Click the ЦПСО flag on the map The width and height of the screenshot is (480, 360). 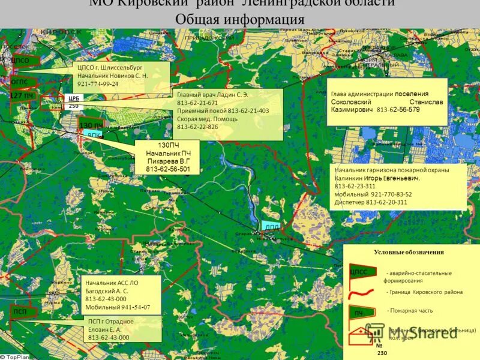[20, 60]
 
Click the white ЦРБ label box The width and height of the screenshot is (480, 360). [74, 101]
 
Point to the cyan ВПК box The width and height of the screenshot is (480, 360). [94, 135]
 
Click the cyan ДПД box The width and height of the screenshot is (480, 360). [271, 227]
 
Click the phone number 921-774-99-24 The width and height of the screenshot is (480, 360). [98, 84]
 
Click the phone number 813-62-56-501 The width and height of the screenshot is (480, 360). [168, 169]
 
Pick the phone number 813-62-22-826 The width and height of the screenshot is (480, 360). [197, 127]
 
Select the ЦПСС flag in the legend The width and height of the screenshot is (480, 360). [358, 272]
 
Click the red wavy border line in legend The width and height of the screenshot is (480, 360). [362, 292]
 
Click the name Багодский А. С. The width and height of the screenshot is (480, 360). [107, 290]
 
